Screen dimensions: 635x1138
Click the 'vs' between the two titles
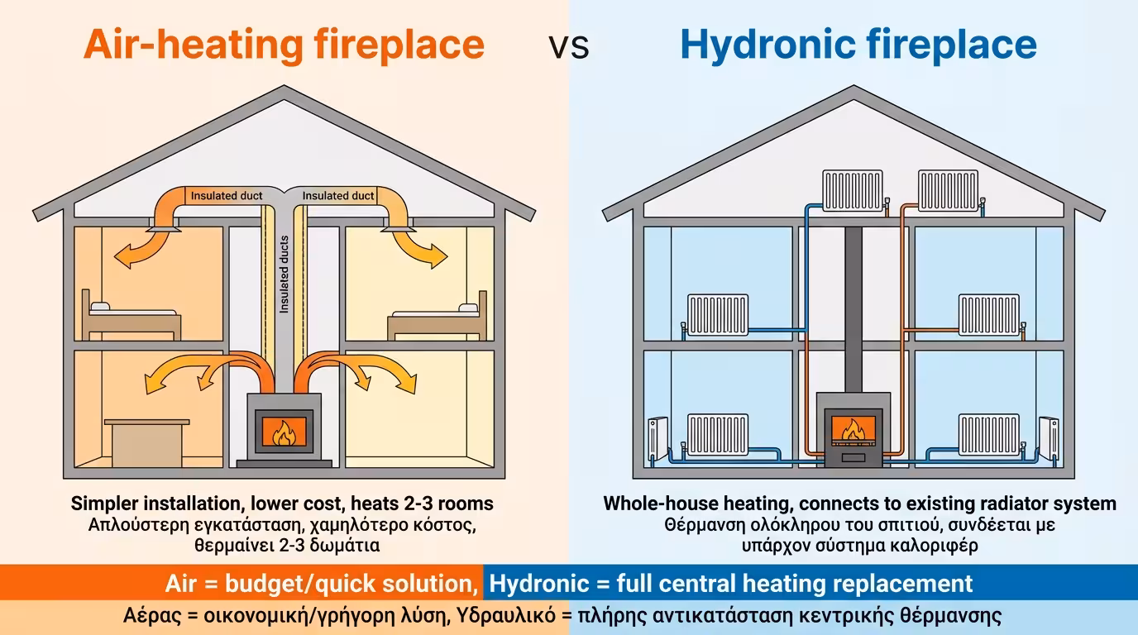tap(569, 47)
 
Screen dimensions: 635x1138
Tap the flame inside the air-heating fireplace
tap(284, 432)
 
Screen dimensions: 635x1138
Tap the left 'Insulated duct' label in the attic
tap(227, 196)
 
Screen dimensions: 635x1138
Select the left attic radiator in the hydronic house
tap(852, 191)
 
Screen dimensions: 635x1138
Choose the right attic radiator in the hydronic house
tap(950, 191)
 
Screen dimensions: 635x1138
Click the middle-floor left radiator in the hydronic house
tap(717, 314)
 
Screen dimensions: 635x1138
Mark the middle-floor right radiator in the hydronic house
tap(989, 314)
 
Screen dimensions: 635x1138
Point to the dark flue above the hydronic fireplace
tap(853, 306)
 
